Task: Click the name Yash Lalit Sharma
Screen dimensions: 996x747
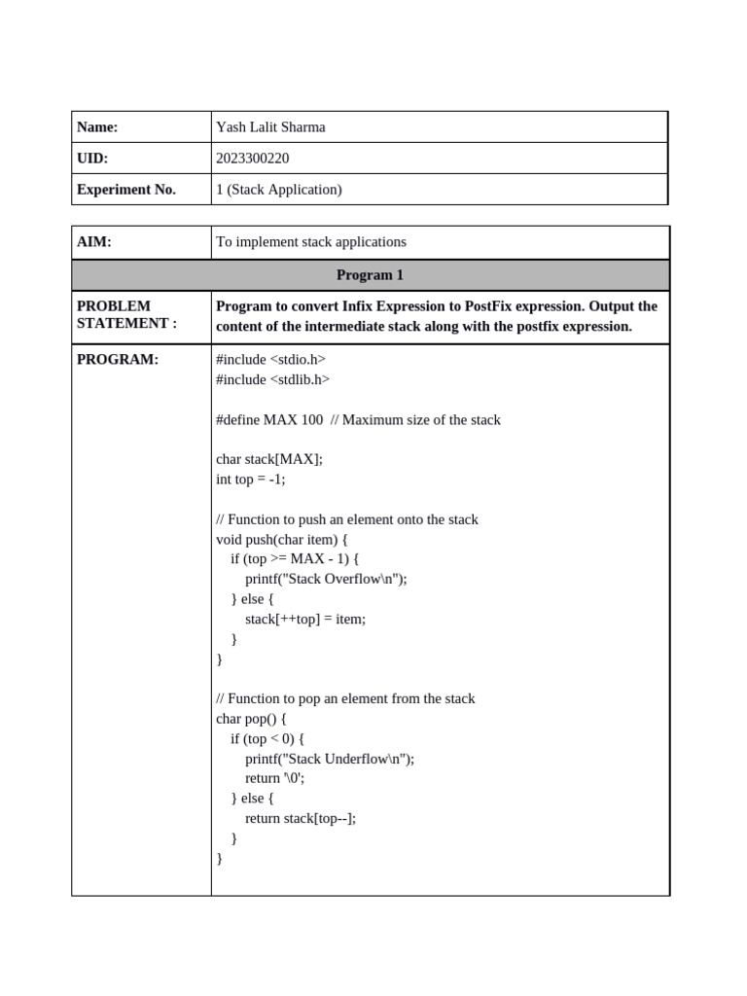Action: pos(270,127)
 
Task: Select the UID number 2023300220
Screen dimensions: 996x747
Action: pos(252,159)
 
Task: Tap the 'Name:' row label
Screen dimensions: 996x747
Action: pos(97,127)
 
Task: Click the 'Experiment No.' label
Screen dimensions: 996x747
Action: pos(126,190)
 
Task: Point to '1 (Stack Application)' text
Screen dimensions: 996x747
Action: pos(279,190)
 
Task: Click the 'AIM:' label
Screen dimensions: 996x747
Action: pos(94,242)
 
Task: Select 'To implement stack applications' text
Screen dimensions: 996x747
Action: pos(311,242)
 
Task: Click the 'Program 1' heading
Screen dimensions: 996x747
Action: pos(370,275)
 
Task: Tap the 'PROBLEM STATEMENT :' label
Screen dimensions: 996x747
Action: pos(126,315)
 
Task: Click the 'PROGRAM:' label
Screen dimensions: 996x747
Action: pos(117,360)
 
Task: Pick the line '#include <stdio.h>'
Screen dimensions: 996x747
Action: pos(270,360)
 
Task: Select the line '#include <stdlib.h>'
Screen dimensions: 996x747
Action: pos(272,379)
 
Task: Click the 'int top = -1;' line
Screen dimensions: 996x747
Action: pos(251,480)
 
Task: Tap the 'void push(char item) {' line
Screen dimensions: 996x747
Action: pos(282,539)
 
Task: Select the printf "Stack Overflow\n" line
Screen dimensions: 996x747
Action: pos(326,579)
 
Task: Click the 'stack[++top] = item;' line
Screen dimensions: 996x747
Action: pos(305,619)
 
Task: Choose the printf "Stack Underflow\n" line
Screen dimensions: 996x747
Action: pos(330,759)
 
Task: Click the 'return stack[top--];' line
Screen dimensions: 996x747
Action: pos(301,818)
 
